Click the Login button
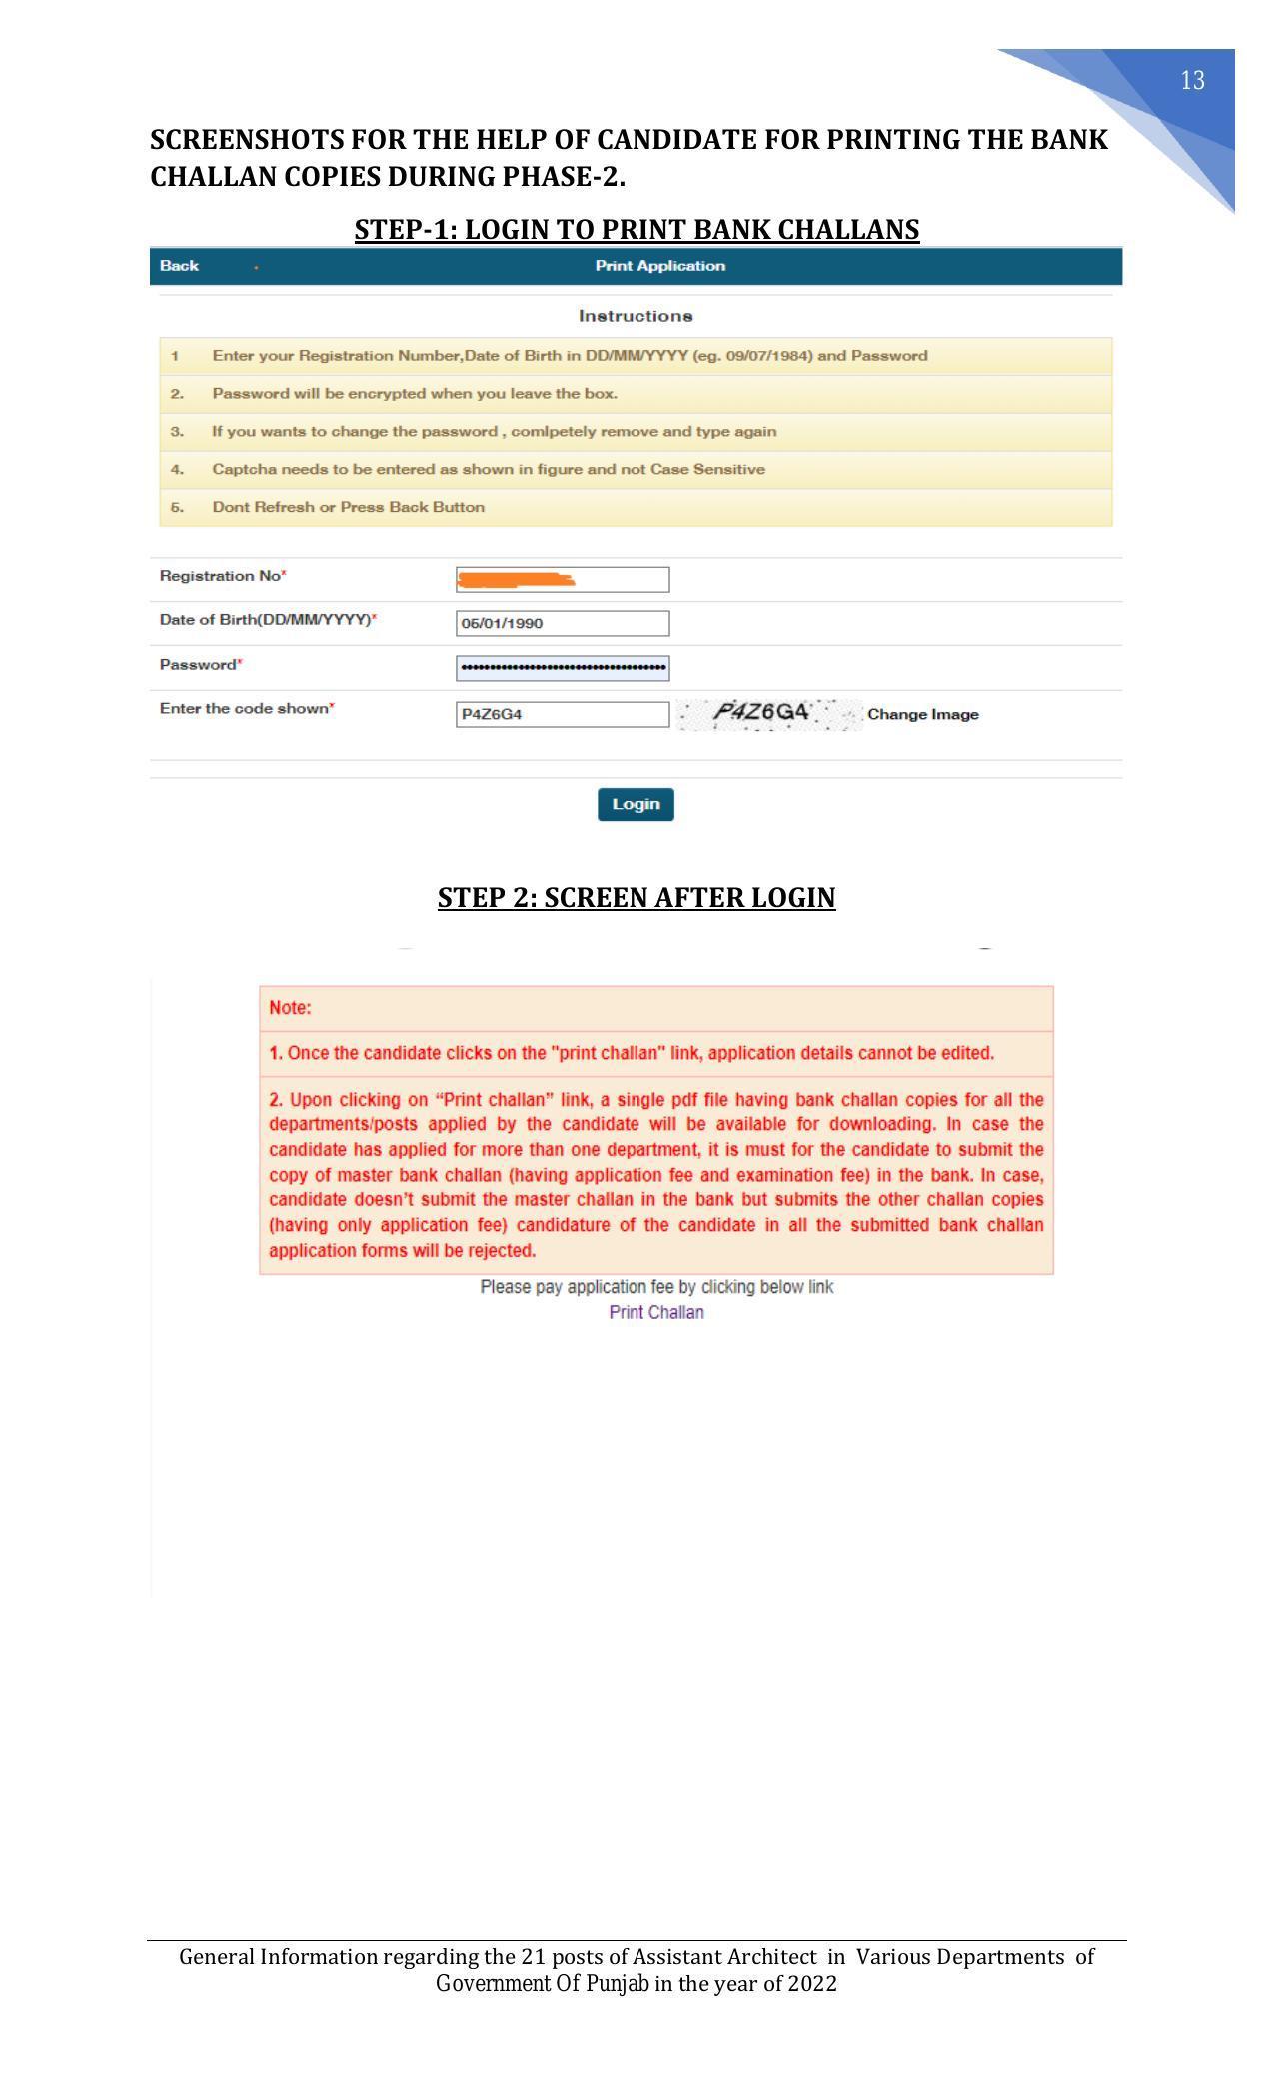[636, 804]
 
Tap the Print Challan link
[656, 1312]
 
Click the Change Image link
[922, 714]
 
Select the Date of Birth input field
[563, 623]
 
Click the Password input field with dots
[563, 668]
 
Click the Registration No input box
[563, 579]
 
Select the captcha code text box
[563, 714]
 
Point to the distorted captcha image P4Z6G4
[767, 713]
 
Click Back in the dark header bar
[179, 266]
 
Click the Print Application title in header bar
[659, 266]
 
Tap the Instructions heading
[636, 316]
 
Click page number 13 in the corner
[1192, 81]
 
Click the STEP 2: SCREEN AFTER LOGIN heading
[637, 897]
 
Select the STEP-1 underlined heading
[637, 229]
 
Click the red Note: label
[290, 1008]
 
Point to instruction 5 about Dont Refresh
[348, 507]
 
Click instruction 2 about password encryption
[414, 394]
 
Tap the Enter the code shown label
[245, 709]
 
